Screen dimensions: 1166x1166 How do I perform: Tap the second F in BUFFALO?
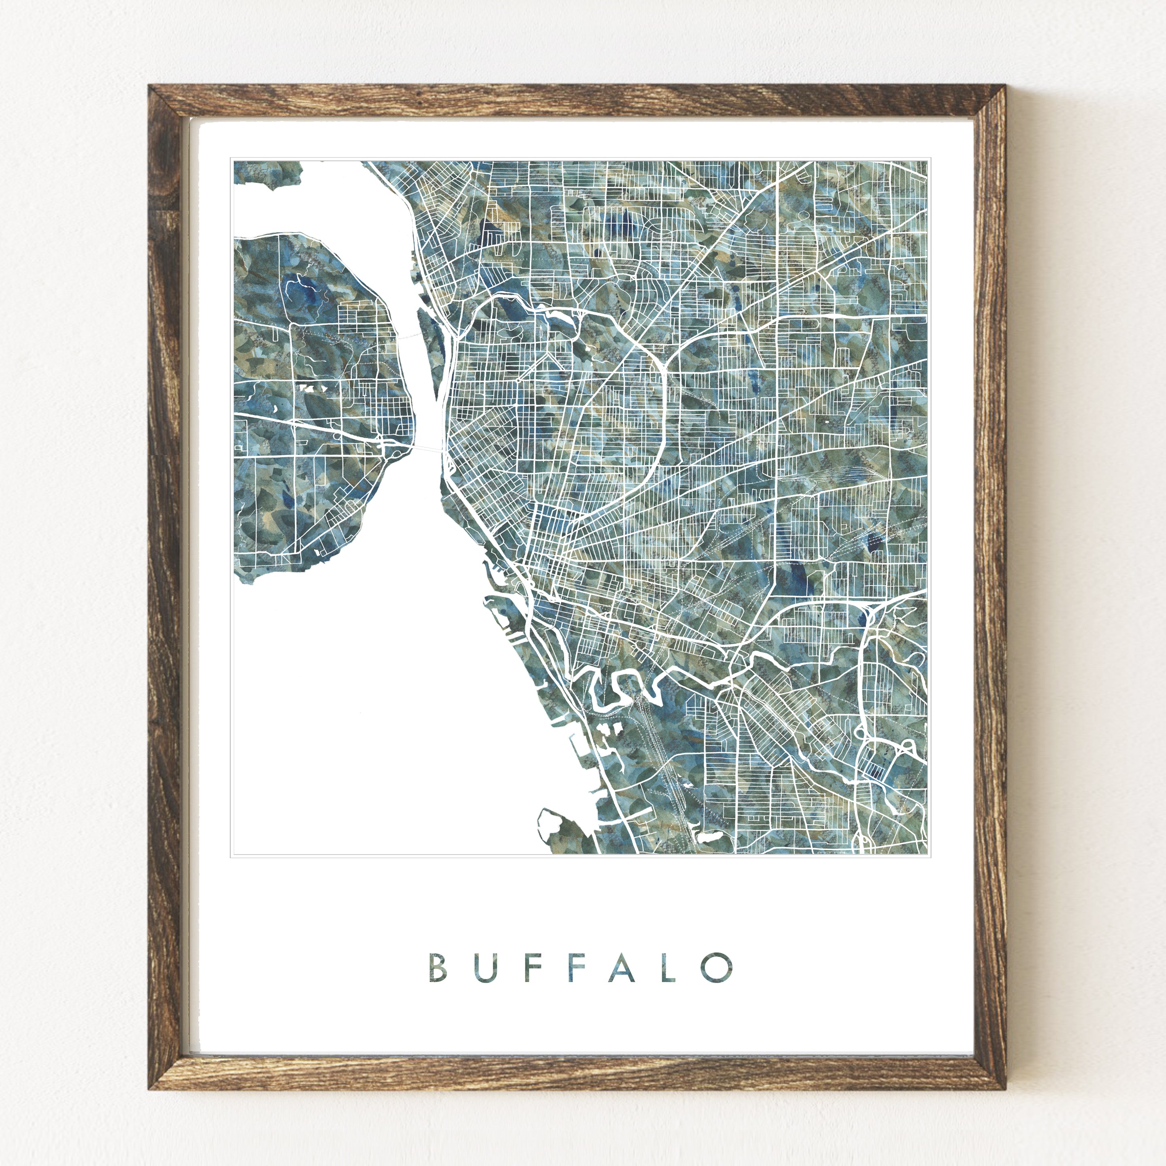pyautogui.click(x=575, y=968)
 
